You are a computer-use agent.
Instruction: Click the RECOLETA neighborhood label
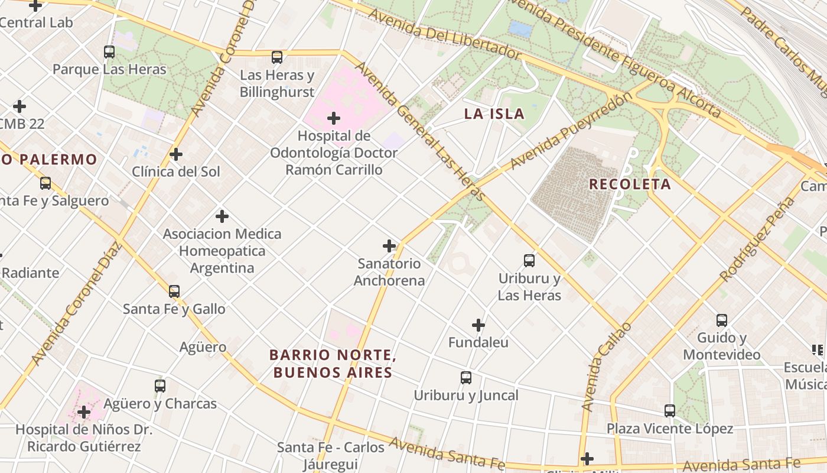[630, 184]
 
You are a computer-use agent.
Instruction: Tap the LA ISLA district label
[494, 114]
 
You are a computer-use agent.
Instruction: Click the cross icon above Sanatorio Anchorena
[389, 246]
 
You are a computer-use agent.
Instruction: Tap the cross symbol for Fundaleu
[478, 325]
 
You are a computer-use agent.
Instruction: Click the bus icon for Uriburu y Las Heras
[529, 260]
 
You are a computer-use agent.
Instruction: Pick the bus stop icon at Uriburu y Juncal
[466, 377]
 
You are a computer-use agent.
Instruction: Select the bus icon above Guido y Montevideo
[722, 320]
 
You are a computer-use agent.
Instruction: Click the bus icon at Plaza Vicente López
[669, 410]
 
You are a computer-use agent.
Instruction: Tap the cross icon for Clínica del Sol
[175, 154]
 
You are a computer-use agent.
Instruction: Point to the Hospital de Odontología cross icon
[334, 118]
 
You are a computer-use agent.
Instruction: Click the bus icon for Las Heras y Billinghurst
[277, 57]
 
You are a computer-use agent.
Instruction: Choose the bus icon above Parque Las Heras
[109, 52]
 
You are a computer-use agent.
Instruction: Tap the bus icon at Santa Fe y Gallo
[174, 291]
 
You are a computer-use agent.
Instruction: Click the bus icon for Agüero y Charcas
[159, 386]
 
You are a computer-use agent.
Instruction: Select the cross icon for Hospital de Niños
[84, 412]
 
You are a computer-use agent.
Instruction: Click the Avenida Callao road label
[606, 367]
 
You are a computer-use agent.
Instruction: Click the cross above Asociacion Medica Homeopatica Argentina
[222, 216]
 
